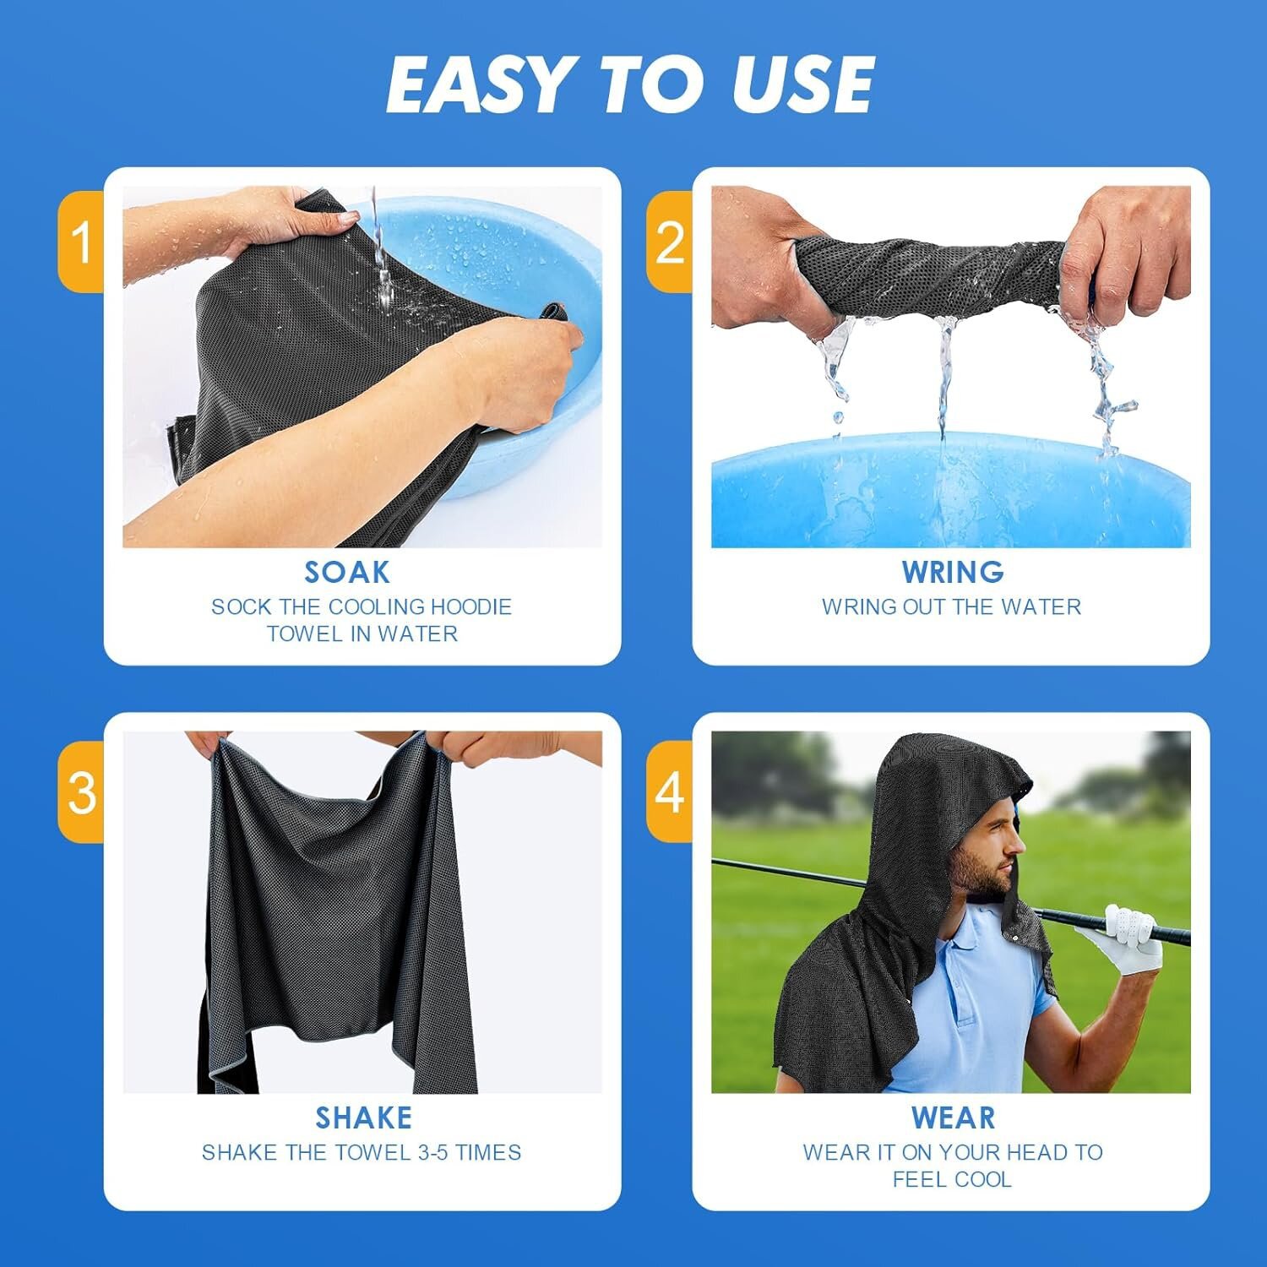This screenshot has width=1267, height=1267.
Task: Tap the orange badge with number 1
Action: click(x=81, y=242)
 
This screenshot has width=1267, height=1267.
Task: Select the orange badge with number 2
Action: click(x=670, y=242)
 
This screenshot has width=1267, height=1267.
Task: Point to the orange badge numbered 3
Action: click(x=81, y=791)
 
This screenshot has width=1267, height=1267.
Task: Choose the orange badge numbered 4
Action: click(x=670, y=791)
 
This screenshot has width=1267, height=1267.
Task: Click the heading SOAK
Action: click(x=347, y=573)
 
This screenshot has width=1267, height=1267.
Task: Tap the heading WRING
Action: click(x=953, y=573)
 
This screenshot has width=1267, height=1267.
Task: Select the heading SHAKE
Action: click(x=364, y=1118)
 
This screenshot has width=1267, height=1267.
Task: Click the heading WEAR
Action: click(x=953, y=1118)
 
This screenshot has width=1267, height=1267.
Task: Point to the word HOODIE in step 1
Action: click(x=471, y=606)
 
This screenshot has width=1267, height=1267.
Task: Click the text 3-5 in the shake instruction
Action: click(x=430, y=1152)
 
